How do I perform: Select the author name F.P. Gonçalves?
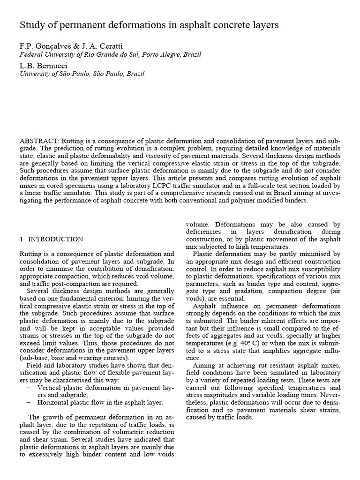click(x=44, y=46)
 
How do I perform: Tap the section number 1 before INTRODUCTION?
click(x=22, y=239)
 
